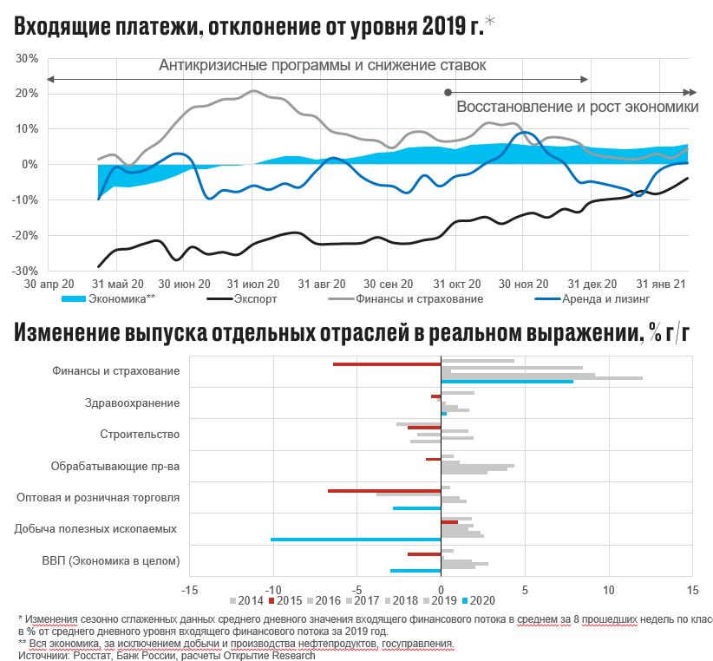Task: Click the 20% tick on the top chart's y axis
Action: pos(26,94)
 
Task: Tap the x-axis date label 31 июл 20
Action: pos(252,284)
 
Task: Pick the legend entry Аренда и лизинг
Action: pos(600,298)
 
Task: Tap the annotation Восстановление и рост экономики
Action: pos(577,108)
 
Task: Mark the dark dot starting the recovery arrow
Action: pos(448,92)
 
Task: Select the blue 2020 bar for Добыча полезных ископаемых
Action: pos(356,539)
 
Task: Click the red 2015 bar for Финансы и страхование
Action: pos(387,363)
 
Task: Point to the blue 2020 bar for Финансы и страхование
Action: pos(507,381)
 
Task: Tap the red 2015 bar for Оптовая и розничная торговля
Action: pos(384,491)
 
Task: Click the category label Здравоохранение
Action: pos(133,402)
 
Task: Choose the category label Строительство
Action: pos(140,434)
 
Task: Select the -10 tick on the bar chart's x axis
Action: pos(271,591)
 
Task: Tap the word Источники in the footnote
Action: pos(41,655)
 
